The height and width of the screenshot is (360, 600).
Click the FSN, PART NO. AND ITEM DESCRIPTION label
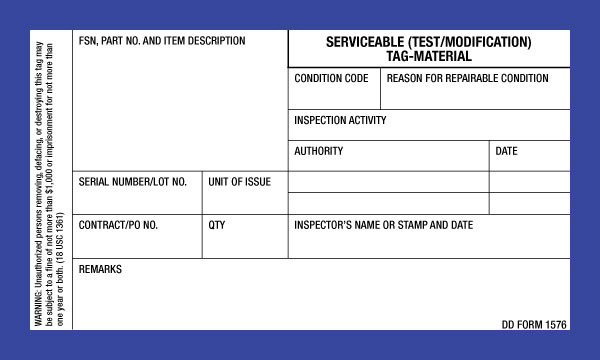pos(162,41)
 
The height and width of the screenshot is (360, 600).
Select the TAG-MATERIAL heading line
pos(429,57)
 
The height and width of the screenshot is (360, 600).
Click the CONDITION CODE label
pos(331,78)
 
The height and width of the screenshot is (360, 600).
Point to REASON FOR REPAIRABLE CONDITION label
pos(467,78)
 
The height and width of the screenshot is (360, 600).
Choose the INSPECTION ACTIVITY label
pos(340,121)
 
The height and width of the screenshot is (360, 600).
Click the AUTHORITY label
pos(319,151)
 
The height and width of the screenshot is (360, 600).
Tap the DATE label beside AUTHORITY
pos(507,151)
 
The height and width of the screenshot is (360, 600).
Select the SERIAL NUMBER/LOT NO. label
pos(133,182)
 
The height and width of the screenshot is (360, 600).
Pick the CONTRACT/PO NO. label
pos(119,225)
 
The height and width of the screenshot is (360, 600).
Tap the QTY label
pos(217,225)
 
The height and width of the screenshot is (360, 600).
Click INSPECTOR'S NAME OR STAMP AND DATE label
pos(384,225)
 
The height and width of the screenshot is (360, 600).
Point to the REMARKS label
pos(100,270)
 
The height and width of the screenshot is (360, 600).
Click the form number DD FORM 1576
pos(534,324)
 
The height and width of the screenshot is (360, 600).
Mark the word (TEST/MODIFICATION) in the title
pos(470,43)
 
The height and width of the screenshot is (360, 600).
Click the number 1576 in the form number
pos(555,324)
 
